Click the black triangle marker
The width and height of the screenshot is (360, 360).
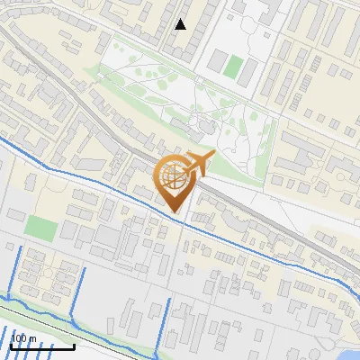pos(181,24)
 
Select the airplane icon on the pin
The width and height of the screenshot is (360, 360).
pos(198,163)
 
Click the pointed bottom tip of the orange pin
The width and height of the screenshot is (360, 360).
pos(175,213)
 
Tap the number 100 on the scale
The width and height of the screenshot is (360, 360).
pos(19,338)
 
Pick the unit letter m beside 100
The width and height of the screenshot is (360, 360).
pos(33,338)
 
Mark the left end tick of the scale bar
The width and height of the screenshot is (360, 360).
pos(11,345)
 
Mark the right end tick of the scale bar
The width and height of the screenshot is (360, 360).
pos(75,345)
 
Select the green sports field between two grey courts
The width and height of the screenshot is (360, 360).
pos(234,66)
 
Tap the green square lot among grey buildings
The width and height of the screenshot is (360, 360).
pos(39,227)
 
